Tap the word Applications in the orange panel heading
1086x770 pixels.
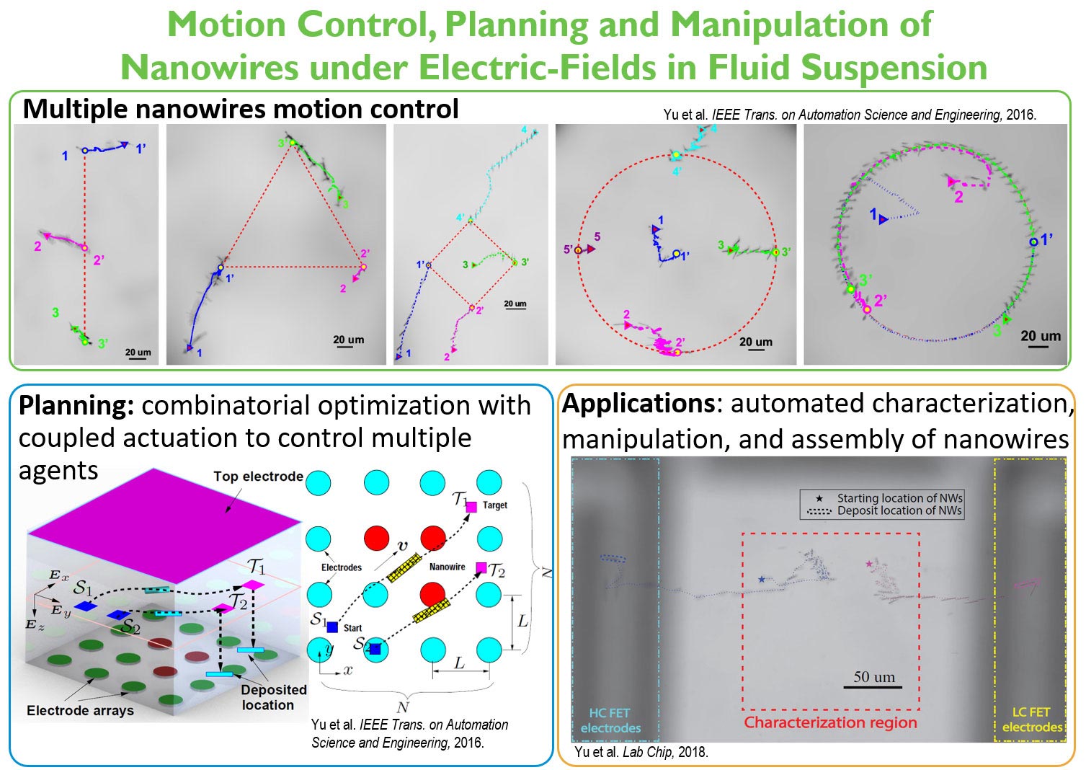pyautogui.click(x=638, y=404)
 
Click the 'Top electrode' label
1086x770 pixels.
pyautogui.click(x=258, y=477)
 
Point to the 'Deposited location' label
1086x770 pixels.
pyautogui.click(x=273, y=697)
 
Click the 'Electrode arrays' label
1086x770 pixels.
pyautogui.click(x=80, y=711)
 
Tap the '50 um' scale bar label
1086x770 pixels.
pyautogui.click(x=874, y=677)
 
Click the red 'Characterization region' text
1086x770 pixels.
pyautogui.click(x=830, y=722)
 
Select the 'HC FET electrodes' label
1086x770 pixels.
pyautogui.click(x=610, y=720)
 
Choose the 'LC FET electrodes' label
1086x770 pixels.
pyautogui.click(x=1032, y=720)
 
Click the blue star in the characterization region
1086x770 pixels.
pyautogui.click(x=762, y=579)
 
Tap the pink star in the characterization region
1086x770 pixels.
pyautogui.click(x=869, y=563)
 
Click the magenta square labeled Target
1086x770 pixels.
pyautogui.click(x=471, y=507)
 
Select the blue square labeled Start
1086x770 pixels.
pyautogui.click(x=332, y=627)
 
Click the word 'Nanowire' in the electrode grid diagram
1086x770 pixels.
pyautogui.click(x=447, y=567)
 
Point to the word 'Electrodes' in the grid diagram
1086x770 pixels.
pyautogui.click(x=342, y=567)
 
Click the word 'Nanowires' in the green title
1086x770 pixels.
pyautogui.click(x=209, y=68)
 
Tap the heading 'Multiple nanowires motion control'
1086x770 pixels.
pyautogui.click(x=241, y=109)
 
